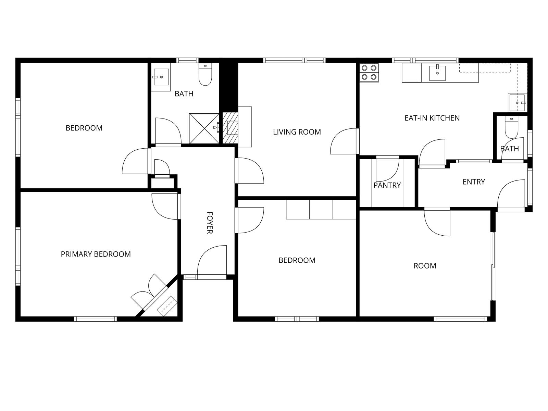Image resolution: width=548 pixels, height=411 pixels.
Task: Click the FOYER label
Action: click(x=210, y=223)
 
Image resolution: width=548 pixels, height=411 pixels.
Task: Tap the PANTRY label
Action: click(x=387, y=185)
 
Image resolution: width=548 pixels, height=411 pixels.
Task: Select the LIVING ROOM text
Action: click(x=297, y=132)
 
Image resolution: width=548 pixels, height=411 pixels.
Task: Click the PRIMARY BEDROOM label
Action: click(x=96, y=254)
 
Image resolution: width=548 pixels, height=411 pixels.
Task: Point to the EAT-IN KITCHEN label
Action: click(x=432, y=118)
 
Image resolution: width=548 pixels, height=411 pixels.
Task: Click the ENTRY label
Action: click(x=474, y=182)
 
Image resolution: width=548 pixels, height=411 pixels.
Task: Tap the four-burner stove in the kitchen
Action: click(x=369, y=73)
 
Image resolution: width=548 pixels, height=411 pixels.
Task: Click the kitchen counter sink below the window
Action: click(x=437, y=73)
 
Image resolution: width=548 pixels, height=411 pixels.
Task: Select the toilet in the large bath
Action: click(x=205, y=74)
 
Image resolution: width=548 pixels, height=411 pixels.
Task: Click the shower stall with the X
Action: click(x=204, y=128)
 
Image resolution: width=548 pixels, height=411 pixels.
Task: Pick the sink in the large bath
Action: click(x=161, y=77)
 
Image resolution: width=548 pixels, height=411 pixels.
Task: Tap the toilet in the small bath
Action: click(x=511, y=127)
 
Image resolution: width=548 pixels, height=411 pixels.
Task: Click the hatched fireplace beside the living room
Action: click(x=230, y=128)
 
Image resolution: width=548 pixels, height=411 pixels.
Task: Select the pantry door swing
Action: click(x=387, y=169)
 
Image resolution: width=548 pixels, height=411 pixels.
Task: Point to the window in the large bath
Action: click(x=187, y=60)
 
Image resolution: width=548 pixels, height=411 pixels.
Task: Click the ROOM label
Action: click(x=425, y=266)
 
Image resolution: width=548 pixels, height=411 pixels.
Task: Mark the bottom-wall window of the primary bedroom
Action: click(x=96, y=319)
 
